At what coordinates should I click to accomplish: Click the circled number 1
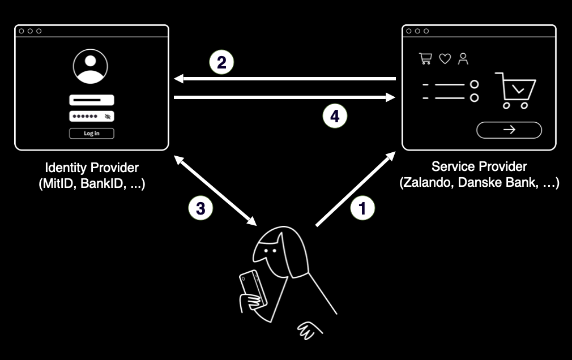362,208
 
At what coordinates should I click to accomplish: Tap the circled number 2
221,63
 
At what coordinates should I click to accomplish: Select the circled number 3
200,208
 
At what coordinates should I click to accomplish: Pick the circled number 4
335,117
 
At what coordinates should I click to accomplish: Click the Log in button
92,134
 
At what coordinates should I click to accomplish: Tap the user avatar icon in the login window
91,67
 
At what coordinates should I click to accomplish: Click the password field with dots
92,116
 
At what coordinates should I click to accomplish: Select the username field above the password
92,100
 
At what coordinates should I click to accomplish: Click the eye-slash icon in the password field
108,117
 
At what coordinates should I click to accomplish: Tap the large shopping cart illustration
515,91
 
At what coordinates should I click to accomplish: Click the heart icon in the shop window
445,59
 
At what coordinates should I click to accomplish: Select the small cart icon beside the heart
425,59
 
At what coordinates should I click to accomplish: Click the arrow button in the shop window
509,130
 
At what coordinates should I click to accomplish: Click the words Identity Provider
92,168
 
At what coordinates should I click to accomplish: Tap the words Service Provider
479,166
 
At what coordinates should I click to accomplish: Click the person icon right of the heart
464,59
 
